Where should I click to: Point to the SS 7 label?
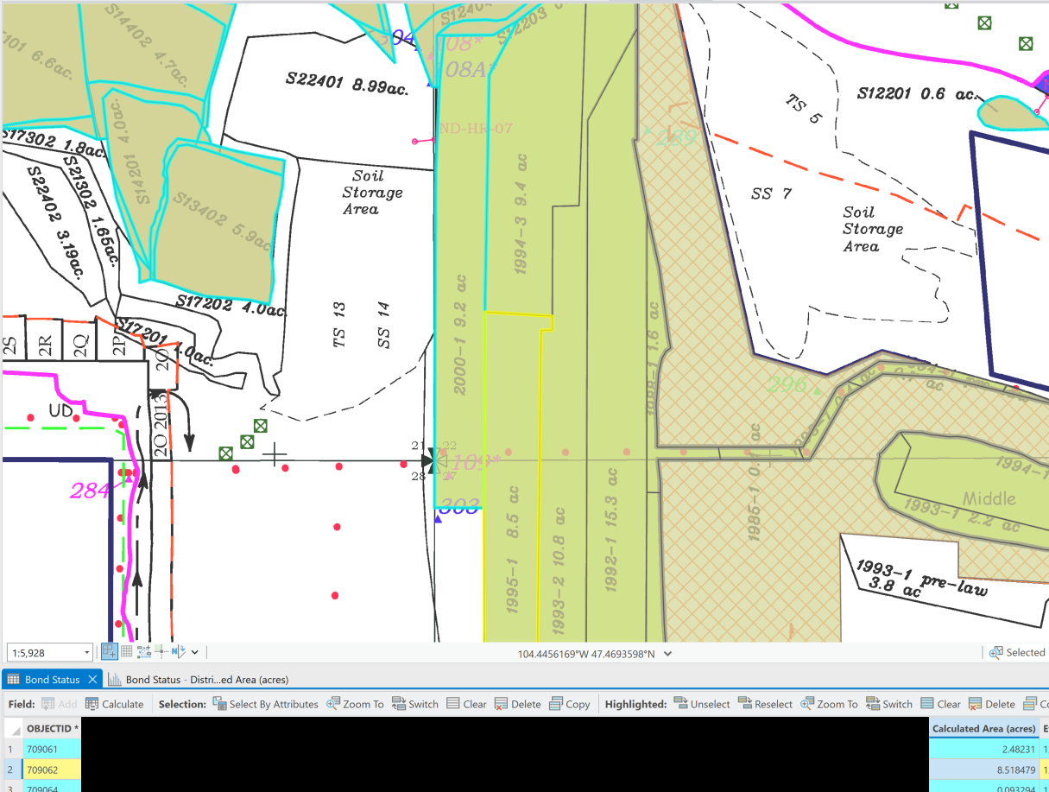(x=771, y=193)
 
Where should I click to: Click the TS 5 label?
(x=804, y=109)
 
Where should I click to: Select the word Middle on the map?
(x=989, y=498)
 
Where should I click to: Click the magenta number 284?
(x=90, y=491)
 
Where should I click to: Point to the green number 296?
(x=787, y=385)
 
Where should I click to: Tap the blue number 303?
(x=460, y=507)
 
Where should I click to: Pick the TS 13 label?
(x=339, y=325)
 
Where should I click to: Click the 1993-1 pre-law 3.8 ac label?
(x=919, y=580)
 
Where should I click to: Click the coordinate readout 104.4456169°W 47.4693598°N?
(x=586, y=654)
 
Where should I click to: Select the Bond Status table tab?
(x=52, y=680)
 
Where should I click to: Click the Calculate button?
(x=115, y=704)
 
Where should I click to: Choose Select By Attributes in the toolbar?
(x=265, y=704)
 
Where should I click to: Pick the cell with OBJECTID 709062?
(x=43, y=770)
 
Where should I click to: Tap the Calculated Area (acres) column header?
(x=983, y=729)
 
